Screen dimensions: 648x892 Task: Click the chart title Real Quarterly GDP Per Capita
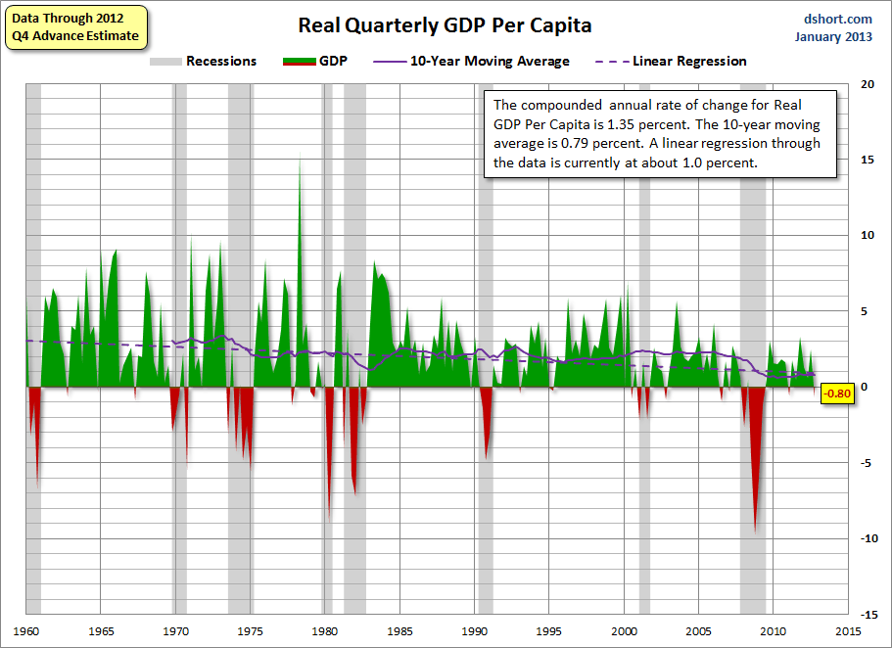coord(445,24)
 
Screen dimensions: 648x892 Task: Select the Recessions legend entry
coord(203,62)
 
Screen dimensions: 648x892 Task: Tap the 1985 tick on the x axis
coord(400,630)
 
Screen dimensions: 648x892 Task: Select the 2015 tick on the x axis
coord(848,630)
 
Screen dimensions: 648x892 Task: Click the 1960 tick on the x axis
coord(26,630)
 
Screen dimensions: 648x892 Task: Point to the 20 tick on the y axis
coord(867,84)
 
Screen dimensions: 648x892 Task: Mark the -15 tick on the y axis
coord(865,614)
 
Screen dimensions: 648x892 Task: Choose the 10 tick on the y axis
coord(867,235)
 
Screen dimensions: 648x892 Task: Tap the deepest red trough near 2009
coord(754,529)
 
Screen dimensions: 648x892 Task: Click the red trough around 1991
coord(487,456)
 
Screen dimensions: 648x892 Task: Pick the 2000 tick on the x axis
coord(625,630)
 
